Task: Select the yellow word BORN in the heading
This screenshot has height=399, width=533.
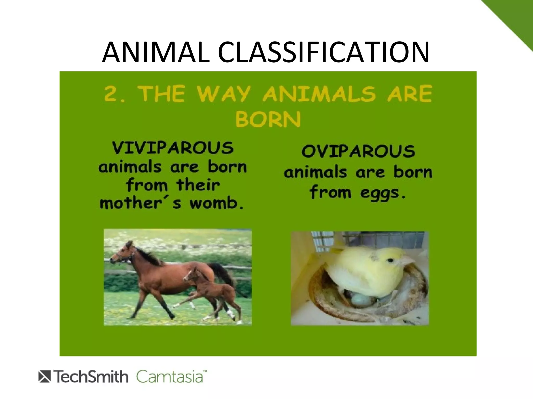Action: tap(268, 119)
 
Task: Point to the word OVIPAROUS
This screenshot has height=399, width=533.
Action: tap(358, 151)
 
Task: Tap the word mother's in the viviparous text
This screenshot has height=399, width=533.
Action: tap(141, 203)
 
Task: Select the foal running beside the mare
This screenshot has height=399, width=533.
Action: tap(208, 291)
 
